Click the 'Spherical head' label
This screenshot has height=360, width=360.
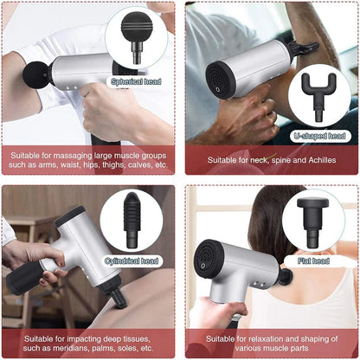click(x=135, y=82)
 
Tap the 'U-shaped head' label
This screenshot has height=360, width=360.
click(x=321, y=135)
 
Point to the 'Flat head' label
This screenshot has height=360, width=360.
click(x=313, y=260)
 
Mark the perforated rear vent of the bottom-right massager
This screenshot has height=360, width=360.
click(x=207, y=254)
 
